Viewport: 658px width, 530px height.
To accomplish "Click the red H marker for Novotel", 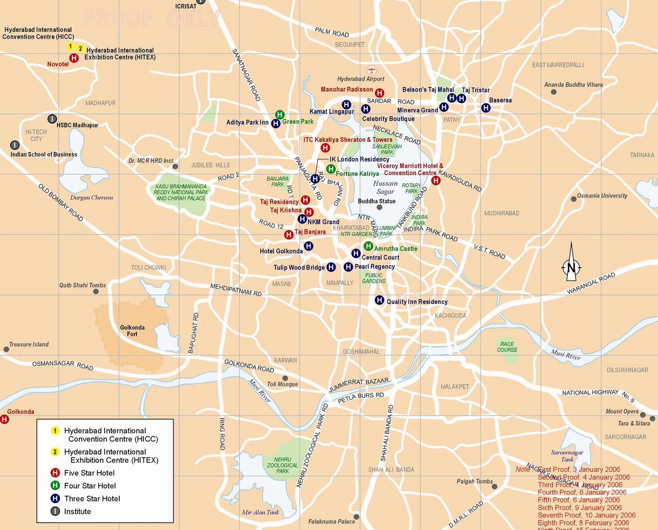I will click(74, 58).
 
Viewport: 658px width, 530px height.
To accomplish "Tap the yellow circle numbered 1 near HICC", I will click(70, 46).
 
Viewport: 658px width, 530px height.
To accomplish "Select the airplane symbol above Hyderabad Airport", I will click(372, 70).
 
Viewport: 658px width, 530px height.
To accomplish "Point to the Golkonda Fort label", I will click(132, 331).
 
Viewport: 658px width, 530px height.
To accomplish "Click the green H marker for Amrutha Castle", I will click(368, 246).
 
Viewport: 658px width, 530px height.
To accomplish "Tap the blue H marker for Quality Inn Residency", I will click(379, 300).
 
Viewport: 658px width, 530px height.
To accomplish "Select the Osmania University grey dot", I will click(573, 199).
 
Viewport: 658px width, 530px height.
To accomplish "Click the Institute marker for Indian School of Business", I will click(15, 145).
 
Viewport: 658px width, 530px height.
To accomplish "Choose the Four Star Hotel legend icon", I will click(55, 485).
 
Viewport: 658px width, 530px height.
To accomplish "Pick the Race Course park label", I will click(507, 347).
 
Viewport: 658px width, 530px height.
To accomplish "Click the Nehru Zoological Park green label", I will click(282, 465).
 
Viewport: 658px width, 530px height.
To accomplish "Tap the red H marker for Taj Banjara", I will click(289, 234).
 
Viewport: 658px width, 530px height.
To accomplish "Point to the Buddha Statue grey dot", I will click(379, 207).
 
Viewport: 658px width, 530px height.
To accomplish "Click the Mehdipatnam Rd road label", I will click(236, 289).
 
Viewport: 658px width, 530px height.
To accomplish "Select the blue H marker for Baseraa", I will click(486, 108).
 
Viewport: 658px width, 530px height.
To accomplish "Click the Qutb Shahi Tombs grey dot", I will click(96, 292).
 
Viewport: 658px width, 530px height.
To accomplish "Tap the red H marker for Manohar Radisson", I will click(379, 93).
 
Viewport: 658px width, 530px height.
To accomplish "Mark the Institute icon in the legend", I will click(55, 511).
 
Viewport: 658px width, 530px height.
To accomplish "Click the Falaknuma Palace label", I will click(331, 522).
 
